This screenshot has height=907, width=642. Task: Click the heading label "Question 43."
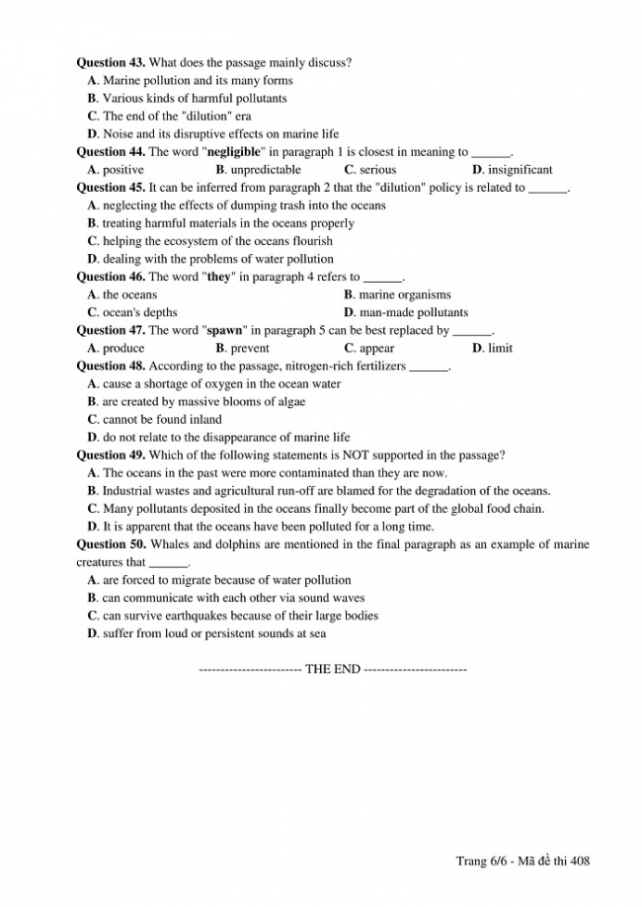[x=111, y=63]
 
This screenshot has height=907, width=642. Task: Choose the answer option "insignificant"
[x=520, y=170]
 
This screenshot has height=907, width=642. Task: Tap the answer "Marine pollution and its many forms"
[x=198, y=81]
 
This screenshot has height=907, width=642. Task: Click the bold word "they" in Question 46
[x=217, y=277]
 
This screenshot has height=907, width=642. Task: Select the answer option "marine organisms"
[x=405, y=294]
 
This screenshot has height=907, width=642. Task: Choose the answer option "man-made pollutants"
[x=414, y=312]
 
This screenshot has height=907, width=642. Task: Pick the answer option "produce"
[x=123, y=348]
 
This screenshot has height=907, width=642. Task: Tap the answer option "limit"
[x=500, y=348]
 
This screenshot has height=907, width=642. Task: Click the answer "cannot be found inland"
[x=162, y=419]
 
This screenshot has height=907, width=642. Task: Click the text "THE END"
[x=333, y=669]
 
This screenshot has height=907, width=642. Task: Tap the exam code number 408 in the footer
[x=581, y=862]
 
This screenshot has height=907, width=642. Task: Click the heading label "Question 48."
[x=111, y=366]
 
